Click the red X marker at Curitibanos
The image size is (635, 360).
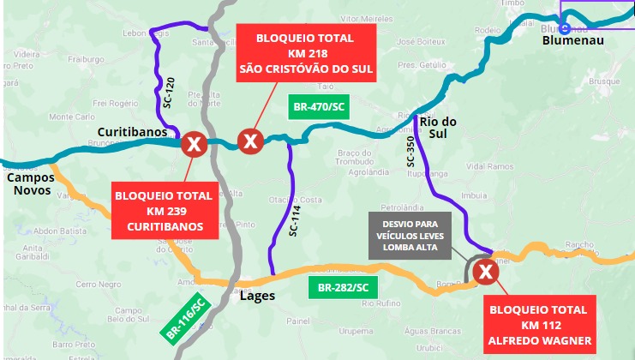coord(195,144)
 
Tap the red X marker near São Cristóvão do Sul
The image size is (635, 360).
coord(249,140)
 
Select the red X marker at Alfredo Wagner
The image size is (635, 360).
coord(486,272)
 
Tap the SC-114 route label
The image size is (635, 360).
coord(293,221)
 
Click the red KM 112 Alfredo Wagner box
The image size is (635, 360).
coord(540,325)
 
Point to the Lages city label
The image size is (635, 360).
coord(257,296)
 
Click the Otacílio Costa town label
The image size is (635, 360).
coord(296,200)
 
